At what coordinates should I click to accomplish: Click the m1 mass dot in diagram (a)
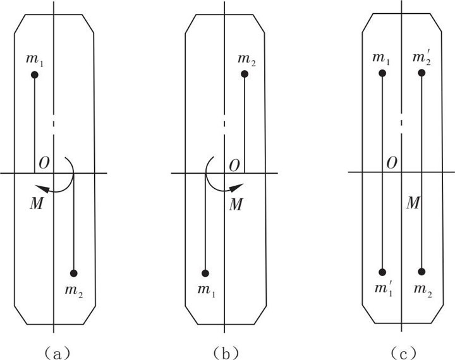coord(35,75)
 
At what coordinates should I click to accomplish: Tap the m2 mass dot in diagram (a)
coord(74,273)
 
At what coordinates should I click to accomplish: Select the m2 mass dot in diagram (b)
coord(245,74)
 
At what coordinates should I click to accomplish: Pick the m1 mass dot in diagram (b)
coord(205,273)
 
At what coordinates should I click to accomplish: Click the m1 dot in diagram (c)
coord(382,73)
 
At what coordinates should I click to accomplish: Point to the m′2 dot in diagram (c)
coord(422,73)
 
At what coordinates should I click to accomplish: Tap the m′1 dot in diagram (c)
coord(382,272)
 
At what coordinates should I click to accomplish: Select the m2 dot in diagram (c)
coord(422,272)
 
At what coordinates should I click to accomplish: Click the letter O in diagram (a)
coord(44,164)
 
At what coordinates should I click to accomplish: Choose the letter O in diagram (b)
coord(234,166)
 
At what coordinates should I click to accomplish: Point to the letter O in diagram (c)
coord(392,164)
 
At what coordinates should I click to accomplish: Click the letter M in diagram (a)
coord(37,203)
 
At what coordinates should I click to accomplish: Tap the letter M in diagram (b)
coord(236,205)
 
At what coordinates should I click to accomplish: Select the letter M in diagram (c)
coord(413,203)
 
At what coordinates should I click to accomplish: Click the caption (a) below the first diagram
coord(56,353)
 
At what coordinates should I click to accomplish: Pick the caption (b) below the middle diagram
coord(226,353)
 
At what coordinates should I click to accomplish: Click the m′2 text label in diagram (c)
coord(422,58)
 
